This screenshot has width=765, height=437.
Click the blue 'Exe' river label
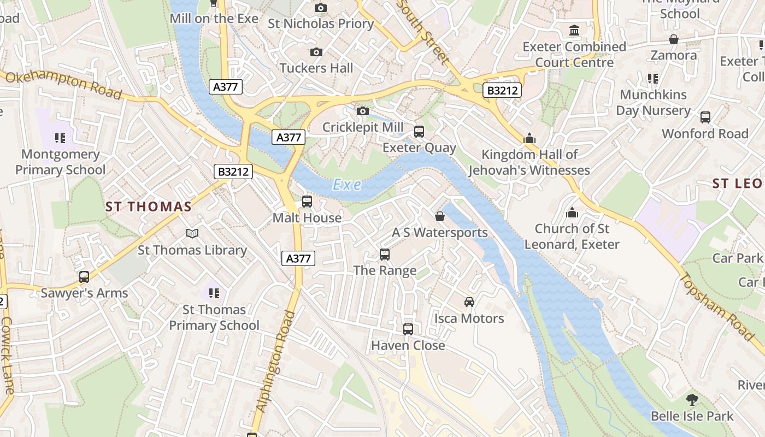click(x=347, y=185)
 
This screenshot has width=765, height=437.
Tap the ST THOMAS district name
click(x=149, y=206)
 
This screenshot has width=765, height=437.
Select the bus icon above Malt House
click(x=307, y=202)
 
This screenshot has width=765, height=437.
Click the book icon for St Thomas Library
click(x=192, y=234)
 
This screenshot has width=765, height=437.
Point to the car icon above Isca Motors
click(x=469, y=302)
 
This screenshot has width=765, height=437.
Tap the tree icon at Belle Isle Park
click(x=692, y=400)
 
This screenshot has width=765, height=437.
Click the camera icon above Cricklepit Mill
click(x=362, y=111)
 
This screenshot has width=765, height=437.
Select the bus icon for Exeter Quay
click(x=419, y=132)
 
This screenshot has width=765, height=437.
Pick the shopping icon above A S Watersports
click(x=440, y=216)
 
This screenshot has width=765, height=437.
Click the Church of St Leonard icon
click(x=572, y=212)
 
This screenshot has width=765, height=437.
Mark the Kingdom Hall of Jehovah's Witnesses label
click(x=529, y=163)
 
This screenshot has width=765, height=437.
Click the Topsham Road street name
click(x=716, y=306)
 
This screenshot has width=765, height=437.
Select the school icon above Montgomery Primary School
click(x=60, y=138)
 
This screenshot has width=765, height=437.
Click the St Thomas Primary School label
click(x=214, y=317)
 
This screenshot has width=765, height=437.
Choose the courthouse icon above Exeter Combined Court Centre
click(x=574, y=31)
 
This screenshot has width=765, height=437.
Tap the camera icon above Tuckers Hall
click(x=316, y=52)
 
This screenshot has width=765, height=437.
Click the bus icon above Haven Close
click(x=408, y=329)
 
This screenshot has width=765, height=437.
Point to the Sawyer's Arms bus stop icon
click(x=84, y=277)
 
